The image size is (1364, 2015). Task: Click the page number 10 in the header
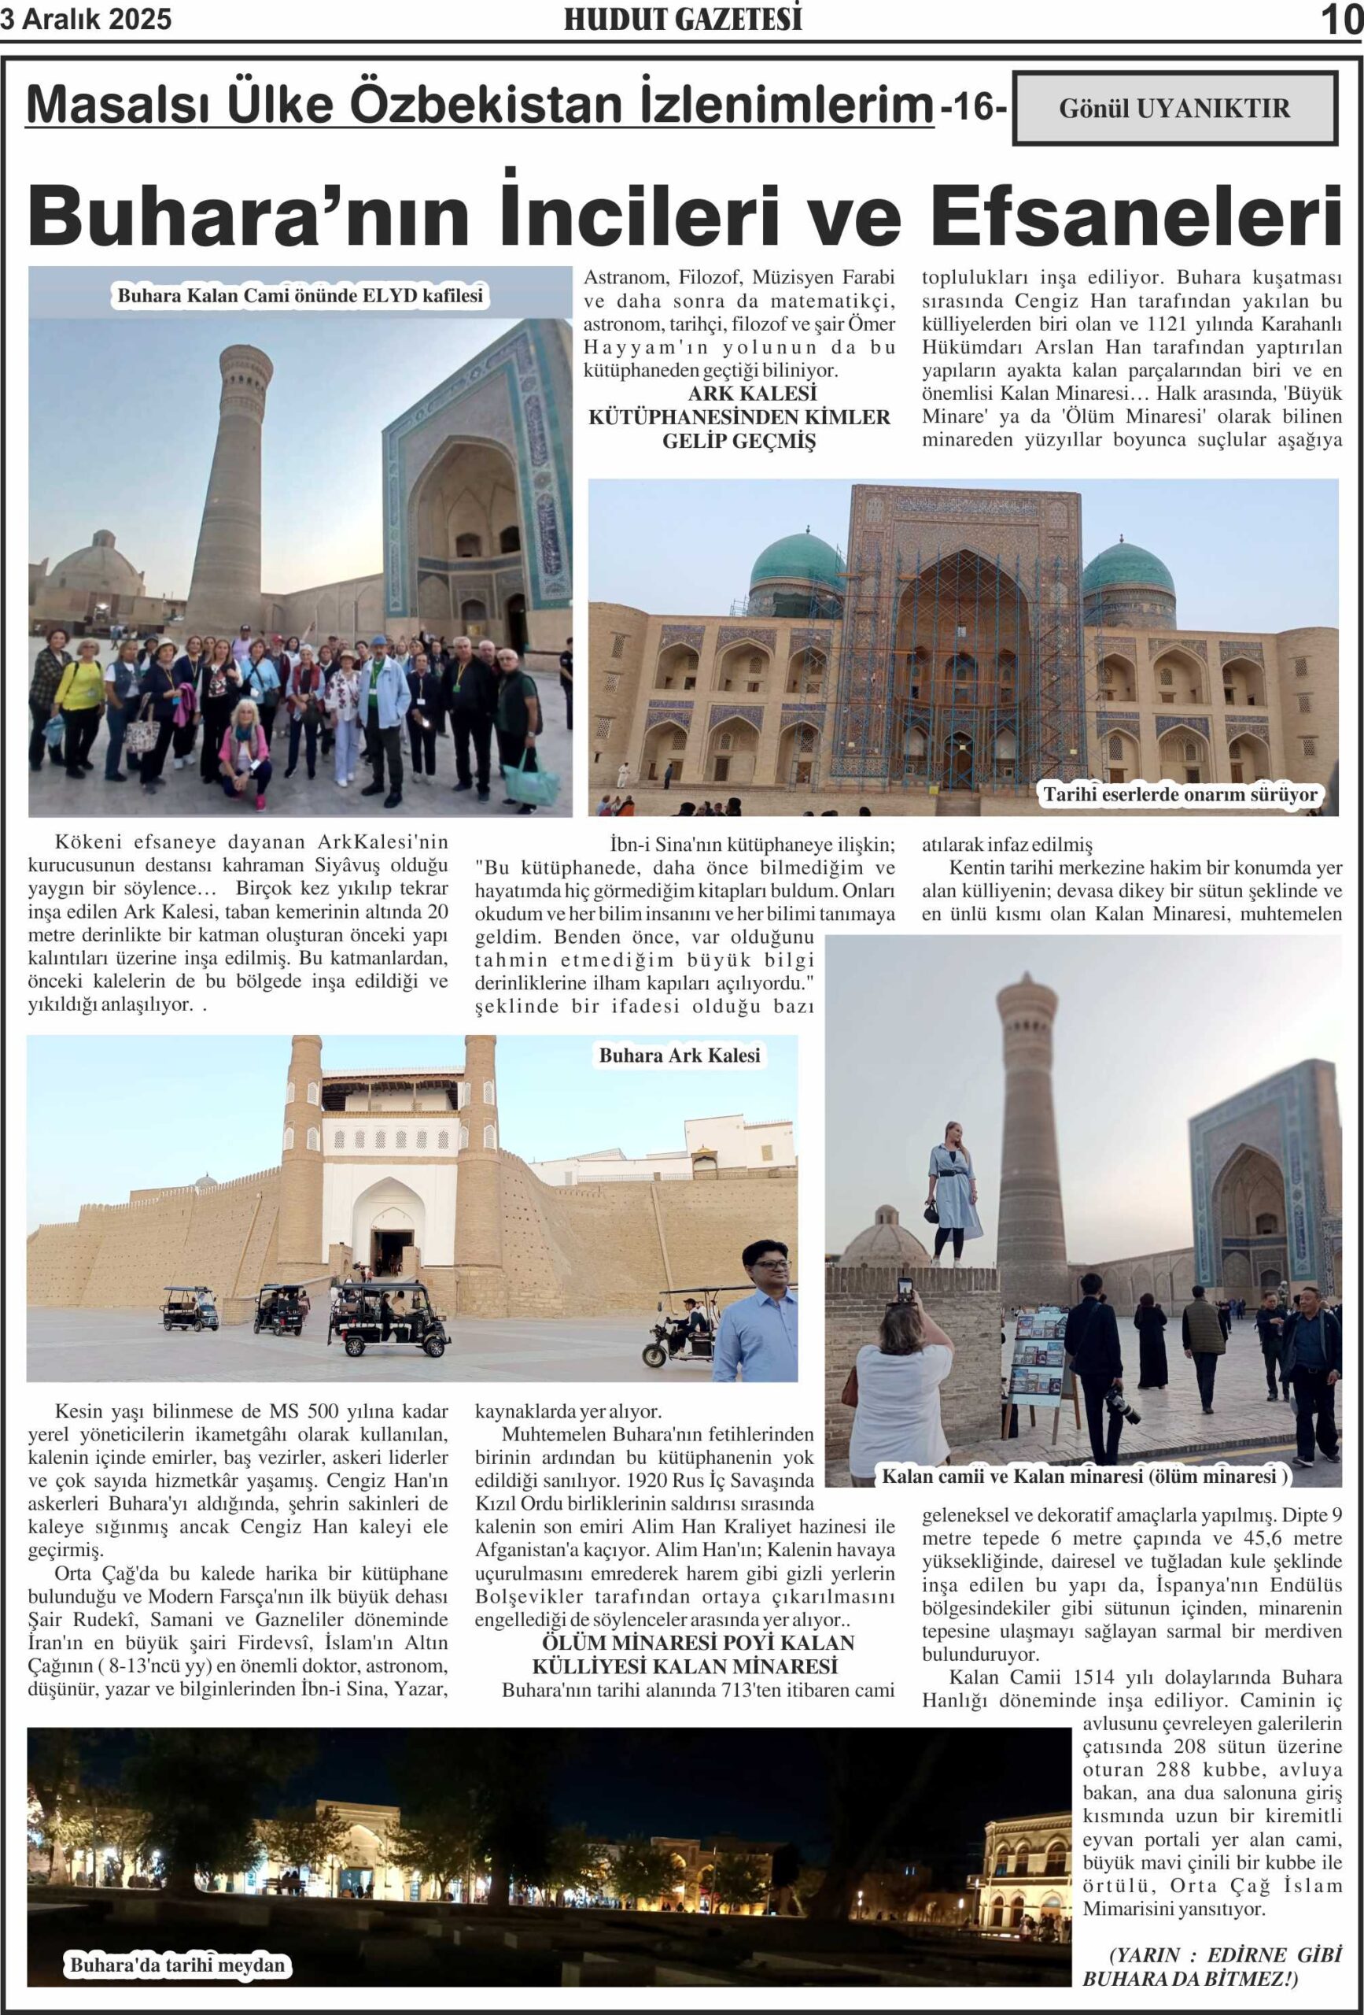[x=1341, y=19]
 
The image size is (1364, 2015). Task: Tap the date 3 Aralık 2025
[x=86, y=19]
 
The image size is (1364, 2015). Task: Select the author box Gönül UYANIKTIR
[x=1174, y=109]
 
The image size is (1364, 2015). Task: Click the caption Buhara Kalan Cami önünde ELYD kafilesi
[x=300, y=296]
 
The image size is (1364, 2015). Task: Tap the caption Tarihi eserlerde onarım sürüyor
[x=1179, y=794]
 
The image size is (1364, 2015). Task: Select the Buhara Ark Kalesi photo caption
[x=680, y=1056]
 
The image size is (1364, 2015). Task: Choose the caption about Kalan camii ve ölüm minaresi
[x=1084, y=1475]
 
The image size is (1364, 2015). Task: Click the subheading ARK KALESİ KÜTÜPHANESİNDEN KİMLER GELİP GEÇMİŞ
[x=739, y=417]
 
